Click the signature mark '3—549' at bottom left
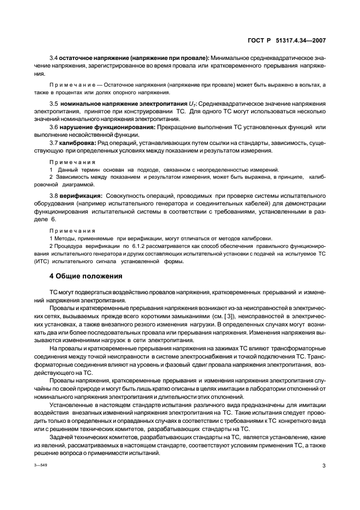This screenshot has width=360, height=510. click(x=41, y=466)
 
